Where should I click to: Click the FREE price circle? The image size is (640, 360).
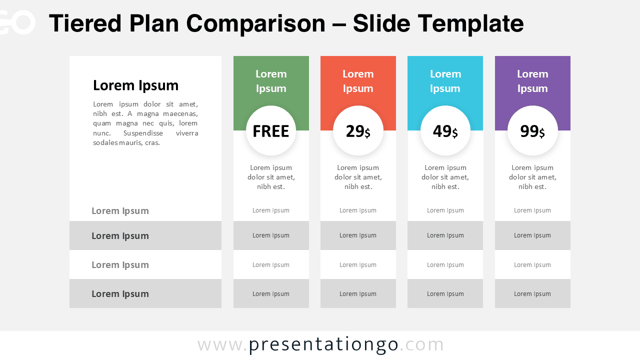click(271, 131)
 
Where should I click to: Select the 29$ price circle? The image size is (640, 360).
click(358, 131)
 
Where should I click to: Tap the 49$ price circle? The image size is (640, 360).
click(445, 131)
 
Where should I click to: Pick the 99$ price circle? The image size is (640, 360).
click(532, 131)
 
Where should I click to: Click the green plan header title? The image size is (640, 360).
click(271, 81)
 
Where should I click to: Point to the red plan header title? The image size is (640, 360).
click(358, 81)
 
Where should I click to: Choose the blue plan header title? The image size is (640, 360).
click(445, 81)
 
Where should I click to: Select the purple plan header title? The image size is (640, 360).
click(532, 81)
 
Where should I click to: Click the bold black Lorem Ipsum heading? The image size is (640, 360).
click(135, 85)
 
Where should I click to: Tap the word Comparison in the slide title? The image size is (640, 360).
click(255, 23)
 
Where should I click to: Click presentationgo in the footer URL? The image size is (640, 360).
click(323, 344)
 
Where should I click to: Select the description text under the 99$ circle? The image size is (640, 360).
click(532, 177)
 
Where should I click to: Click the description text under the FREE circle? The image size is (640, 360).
click(271, 177)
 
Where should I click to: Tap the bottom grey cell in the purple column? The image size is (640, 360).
click(532, 294)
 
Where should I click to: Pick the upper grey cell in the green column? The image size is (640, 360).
click(271, 235)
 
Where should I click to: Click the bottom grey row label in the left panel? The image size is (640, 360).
click(120, 294)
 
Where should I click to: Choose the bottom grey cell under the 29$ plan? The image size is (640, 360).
click(358, 294)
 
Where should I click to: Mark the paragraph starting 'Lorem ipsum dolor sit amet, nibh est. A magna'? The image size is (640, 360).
click(145, 123)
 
